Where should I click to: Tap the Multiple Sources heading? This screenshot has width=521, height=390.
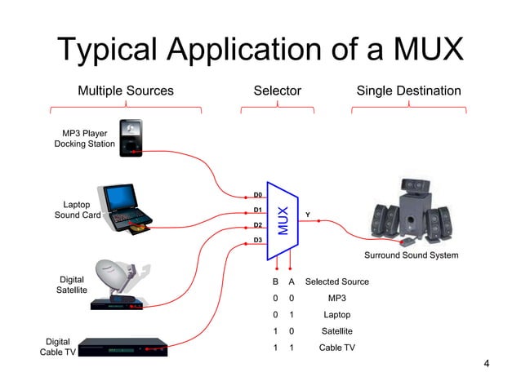(126, 91)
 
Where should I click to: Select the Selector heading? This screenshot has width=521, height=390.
(278, 91)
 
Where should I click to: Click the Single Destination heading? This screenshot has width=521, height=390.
(408, 91)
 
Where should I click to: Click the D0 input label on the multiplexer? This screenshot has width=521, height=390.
(257, 196)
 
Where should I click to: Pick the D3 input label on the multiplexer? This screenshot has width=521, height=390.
(257, 240)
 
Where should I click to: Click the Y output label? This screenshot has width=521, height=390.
(307, 215)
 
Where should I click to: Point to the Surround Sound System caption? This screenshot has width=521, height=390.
(411, 255)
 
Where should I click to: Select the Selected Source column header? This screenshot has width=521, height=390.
(336, 281)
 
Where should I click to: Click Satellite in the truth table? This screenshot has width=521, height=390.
(336, 331)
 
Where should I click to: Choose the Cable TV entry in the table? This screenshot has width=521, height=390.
(336, 348)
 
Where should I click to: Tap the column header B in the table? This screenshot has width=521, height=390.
(275, 281)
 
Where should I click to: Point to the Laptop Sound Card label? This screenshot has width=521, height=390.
(77, 210)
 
